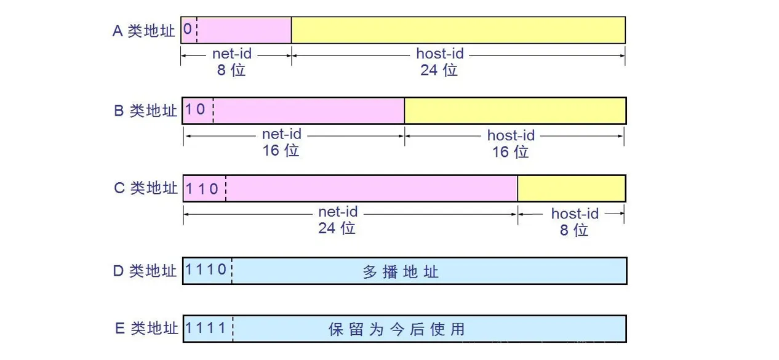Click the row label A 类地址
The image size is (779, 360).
[144, 31]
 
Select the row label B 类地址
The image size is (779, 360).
[145, 111]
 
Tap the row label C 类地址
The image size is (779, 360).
[145, 188]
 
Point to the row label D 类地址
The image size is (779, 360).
[145, 271]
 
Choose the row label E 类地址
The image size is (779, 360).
[146, 329]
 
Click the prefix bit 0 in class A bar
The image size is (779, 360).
[188, 30]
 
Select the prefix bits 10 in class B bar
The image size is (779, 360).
[196, 110]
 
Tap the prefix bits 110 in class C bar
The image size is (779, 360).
[202, 188]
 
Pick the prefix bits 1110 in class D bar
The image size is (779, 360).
[206, 271]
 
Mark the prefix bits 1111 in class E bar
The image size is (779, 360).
[206, 328]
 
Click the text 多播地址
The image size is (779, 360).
[401, 271]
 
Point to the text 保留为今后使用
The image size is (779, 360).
[397, 329]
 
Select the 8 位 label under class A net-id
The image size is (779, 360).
[231, 70]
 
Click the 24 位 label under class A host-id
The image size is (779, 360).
[439, 70]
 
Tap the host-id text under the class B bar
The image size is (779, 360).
[511, 135]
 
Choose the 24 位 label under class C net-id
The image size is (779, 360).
[337, 228]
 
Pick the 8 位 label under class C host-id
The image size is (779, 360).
[573, 230]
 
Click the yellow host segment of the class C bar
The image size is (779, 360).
[571, 188]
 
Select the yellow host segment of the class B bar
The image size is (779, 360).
[515, 110]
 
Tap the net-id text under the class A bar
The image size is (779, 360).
[232, 54]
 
